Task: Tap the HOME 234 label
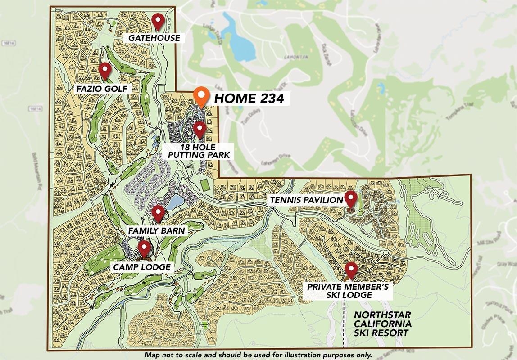pyautogui.click(x=249, y=99)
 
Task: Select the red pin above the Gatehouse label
pyautogui.click(x=157, y=20)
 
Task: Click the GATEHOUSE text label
pyautogui.click(x=154, y=38)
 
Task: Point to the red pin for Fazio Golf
pyautogui.click(x=105, y=70)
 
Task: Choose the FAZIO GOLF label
pyautogui.click(x=103, y=88)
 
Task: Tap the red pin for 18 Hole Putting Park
pyautogui.click(x=200, y=129)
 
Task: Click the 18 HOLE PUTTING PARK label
pyautogui.click(x=199, y=151)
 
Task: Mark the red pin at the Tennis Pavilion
pyautogui.click(x=350, y=198)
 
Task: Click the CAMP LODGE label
pyautogui.click(x=142, y=267)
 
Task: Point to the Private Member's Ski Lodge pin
pyautogui.click(x=351, y=270)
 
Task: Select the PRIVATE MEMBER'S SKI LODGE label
pyautogui.click(x=350, y=291)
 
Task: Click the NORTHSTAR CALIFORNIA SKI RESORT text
pyautogui.click(x=382, y=324)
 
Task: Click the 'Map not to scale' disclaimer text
pyautogui.click(x=258, y=355)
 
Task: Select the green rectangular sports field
pyautogui.click(x=204, y=184)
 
